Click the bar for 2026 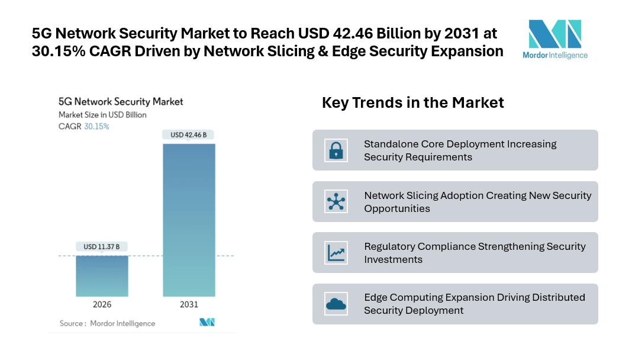click(x=102, y=276)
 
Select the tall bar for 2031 click(x=189, y=220)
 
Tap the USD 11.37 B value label click(x=102, y=246)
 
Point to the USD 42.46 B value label click(x=189, y=135)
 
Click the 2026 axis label click(x=102, y=304)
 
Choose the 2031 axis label click(x=189, y=304)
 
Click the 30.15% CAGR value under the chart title click(x=96, y=127)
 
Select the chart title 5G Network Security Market click(x=121, y=102)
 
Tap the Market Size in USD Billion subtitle click(x=102, y=115)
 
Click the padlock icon click(x=336, y=150)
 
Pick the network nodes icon click(x=336, y=201)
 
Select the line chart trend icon click(x=336, y=253)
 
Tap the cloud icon click(x=336, y=304)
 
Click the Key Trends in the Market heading click(x=412, y=102)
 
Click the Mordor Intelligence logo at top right click(x=554, y=39)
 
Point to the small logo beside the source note click(x=207, y=323)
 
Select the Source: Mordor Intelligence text click(x=107, y=323)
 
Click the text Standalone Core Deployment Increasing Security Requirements click(x=460, y=150)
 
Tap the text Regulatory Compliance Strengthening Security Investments click(x=475, y=253)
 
